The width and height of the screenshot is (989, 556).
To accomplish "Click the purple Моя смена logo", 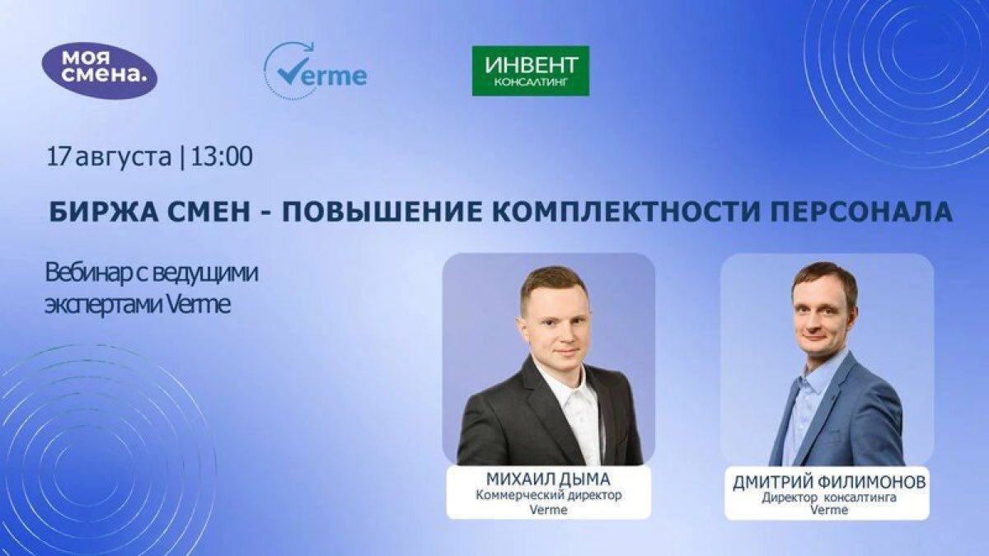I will [99, 69].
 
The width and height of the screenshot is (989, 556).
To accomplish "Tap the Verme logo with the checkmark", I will [316, 72].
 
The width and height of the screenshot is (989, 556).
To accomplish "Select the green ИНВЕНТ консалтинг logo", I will [530, 71].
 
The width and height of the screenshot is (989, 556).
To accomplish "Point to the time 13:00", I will [221, 157].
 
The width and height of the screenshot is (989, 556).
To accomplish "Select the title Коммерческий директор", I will [548, 495].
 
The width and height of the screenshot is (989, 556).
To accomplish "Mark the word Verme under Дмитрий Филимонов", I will [827, 510].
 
